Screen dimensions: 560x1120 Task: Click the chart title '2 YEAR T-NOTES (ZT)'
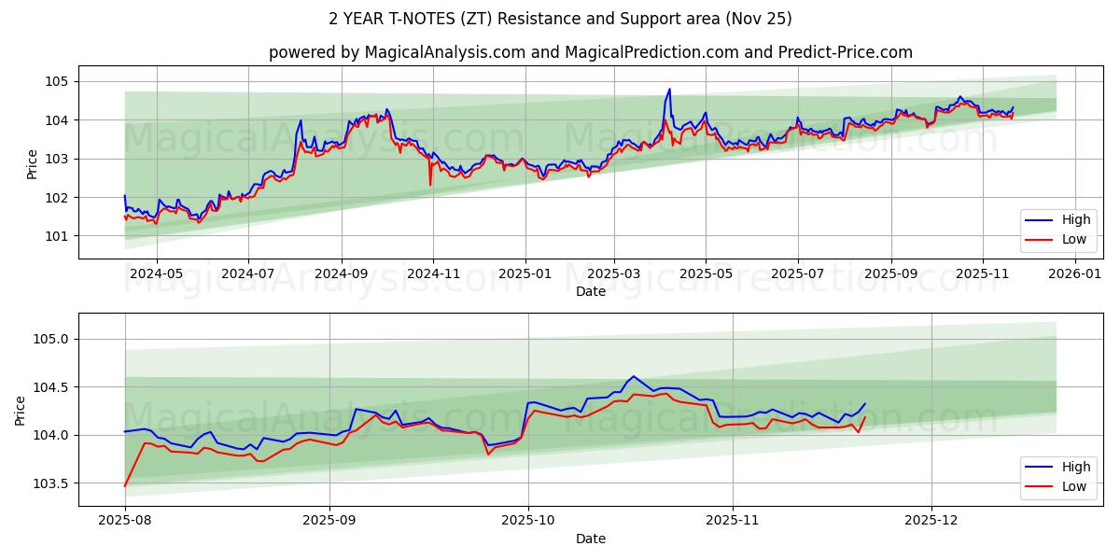point(560,19)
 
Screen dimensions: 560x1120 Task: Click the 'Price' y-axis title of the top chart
point(33,164)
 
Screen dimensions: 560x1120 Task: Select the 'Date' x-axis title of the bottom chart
point(590,539)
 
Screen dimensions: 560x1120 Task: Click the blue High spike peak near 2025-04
point(669,90)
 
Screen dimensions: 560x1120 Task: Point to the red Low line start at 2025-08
point(125,485)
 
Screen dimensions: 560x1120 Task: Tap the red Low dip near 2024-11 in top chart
point(430,185)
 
